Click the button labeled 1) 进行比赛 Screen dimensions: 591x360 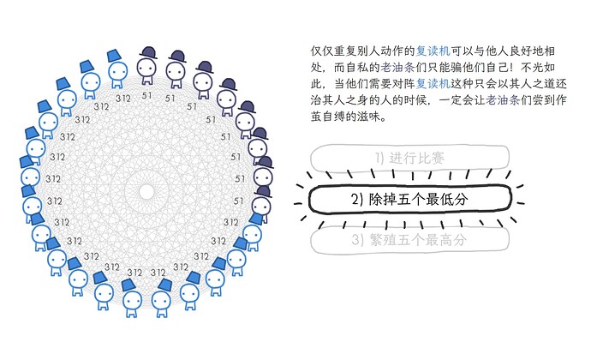tap(409, 158)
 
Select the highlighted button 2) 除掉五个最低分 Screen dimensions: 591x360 tap(409, 199)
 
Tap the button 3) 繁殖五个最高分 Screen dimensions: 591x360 tap(409, 240)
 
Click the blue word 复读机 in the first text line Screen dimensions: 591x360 tap(433, 51)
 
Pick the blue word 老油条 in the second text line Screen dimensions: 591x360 tap(397, 67)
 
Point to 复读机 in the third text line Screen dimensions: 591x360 tap(433, 83)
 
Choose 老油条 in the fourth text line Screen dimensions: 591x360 tap(503, 99)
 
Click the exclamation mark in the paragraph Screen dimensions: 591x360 tap(512, 67)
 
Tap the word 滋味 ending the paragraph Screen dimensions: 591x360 tap(368, 117)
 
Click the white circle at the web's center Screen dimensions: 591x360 tap(146, 192)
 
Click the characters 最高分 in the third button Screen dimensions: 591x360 tap(450, 240)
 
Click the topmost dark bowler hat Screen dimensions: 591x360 tap(147, 52)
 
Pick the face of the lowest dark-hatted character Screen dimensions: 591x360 tap(261, 206)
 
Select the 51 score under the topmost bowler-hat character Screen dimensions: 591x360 tap(146, 96)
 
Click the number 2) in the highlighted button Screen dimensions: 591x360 tap(356, 199)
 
